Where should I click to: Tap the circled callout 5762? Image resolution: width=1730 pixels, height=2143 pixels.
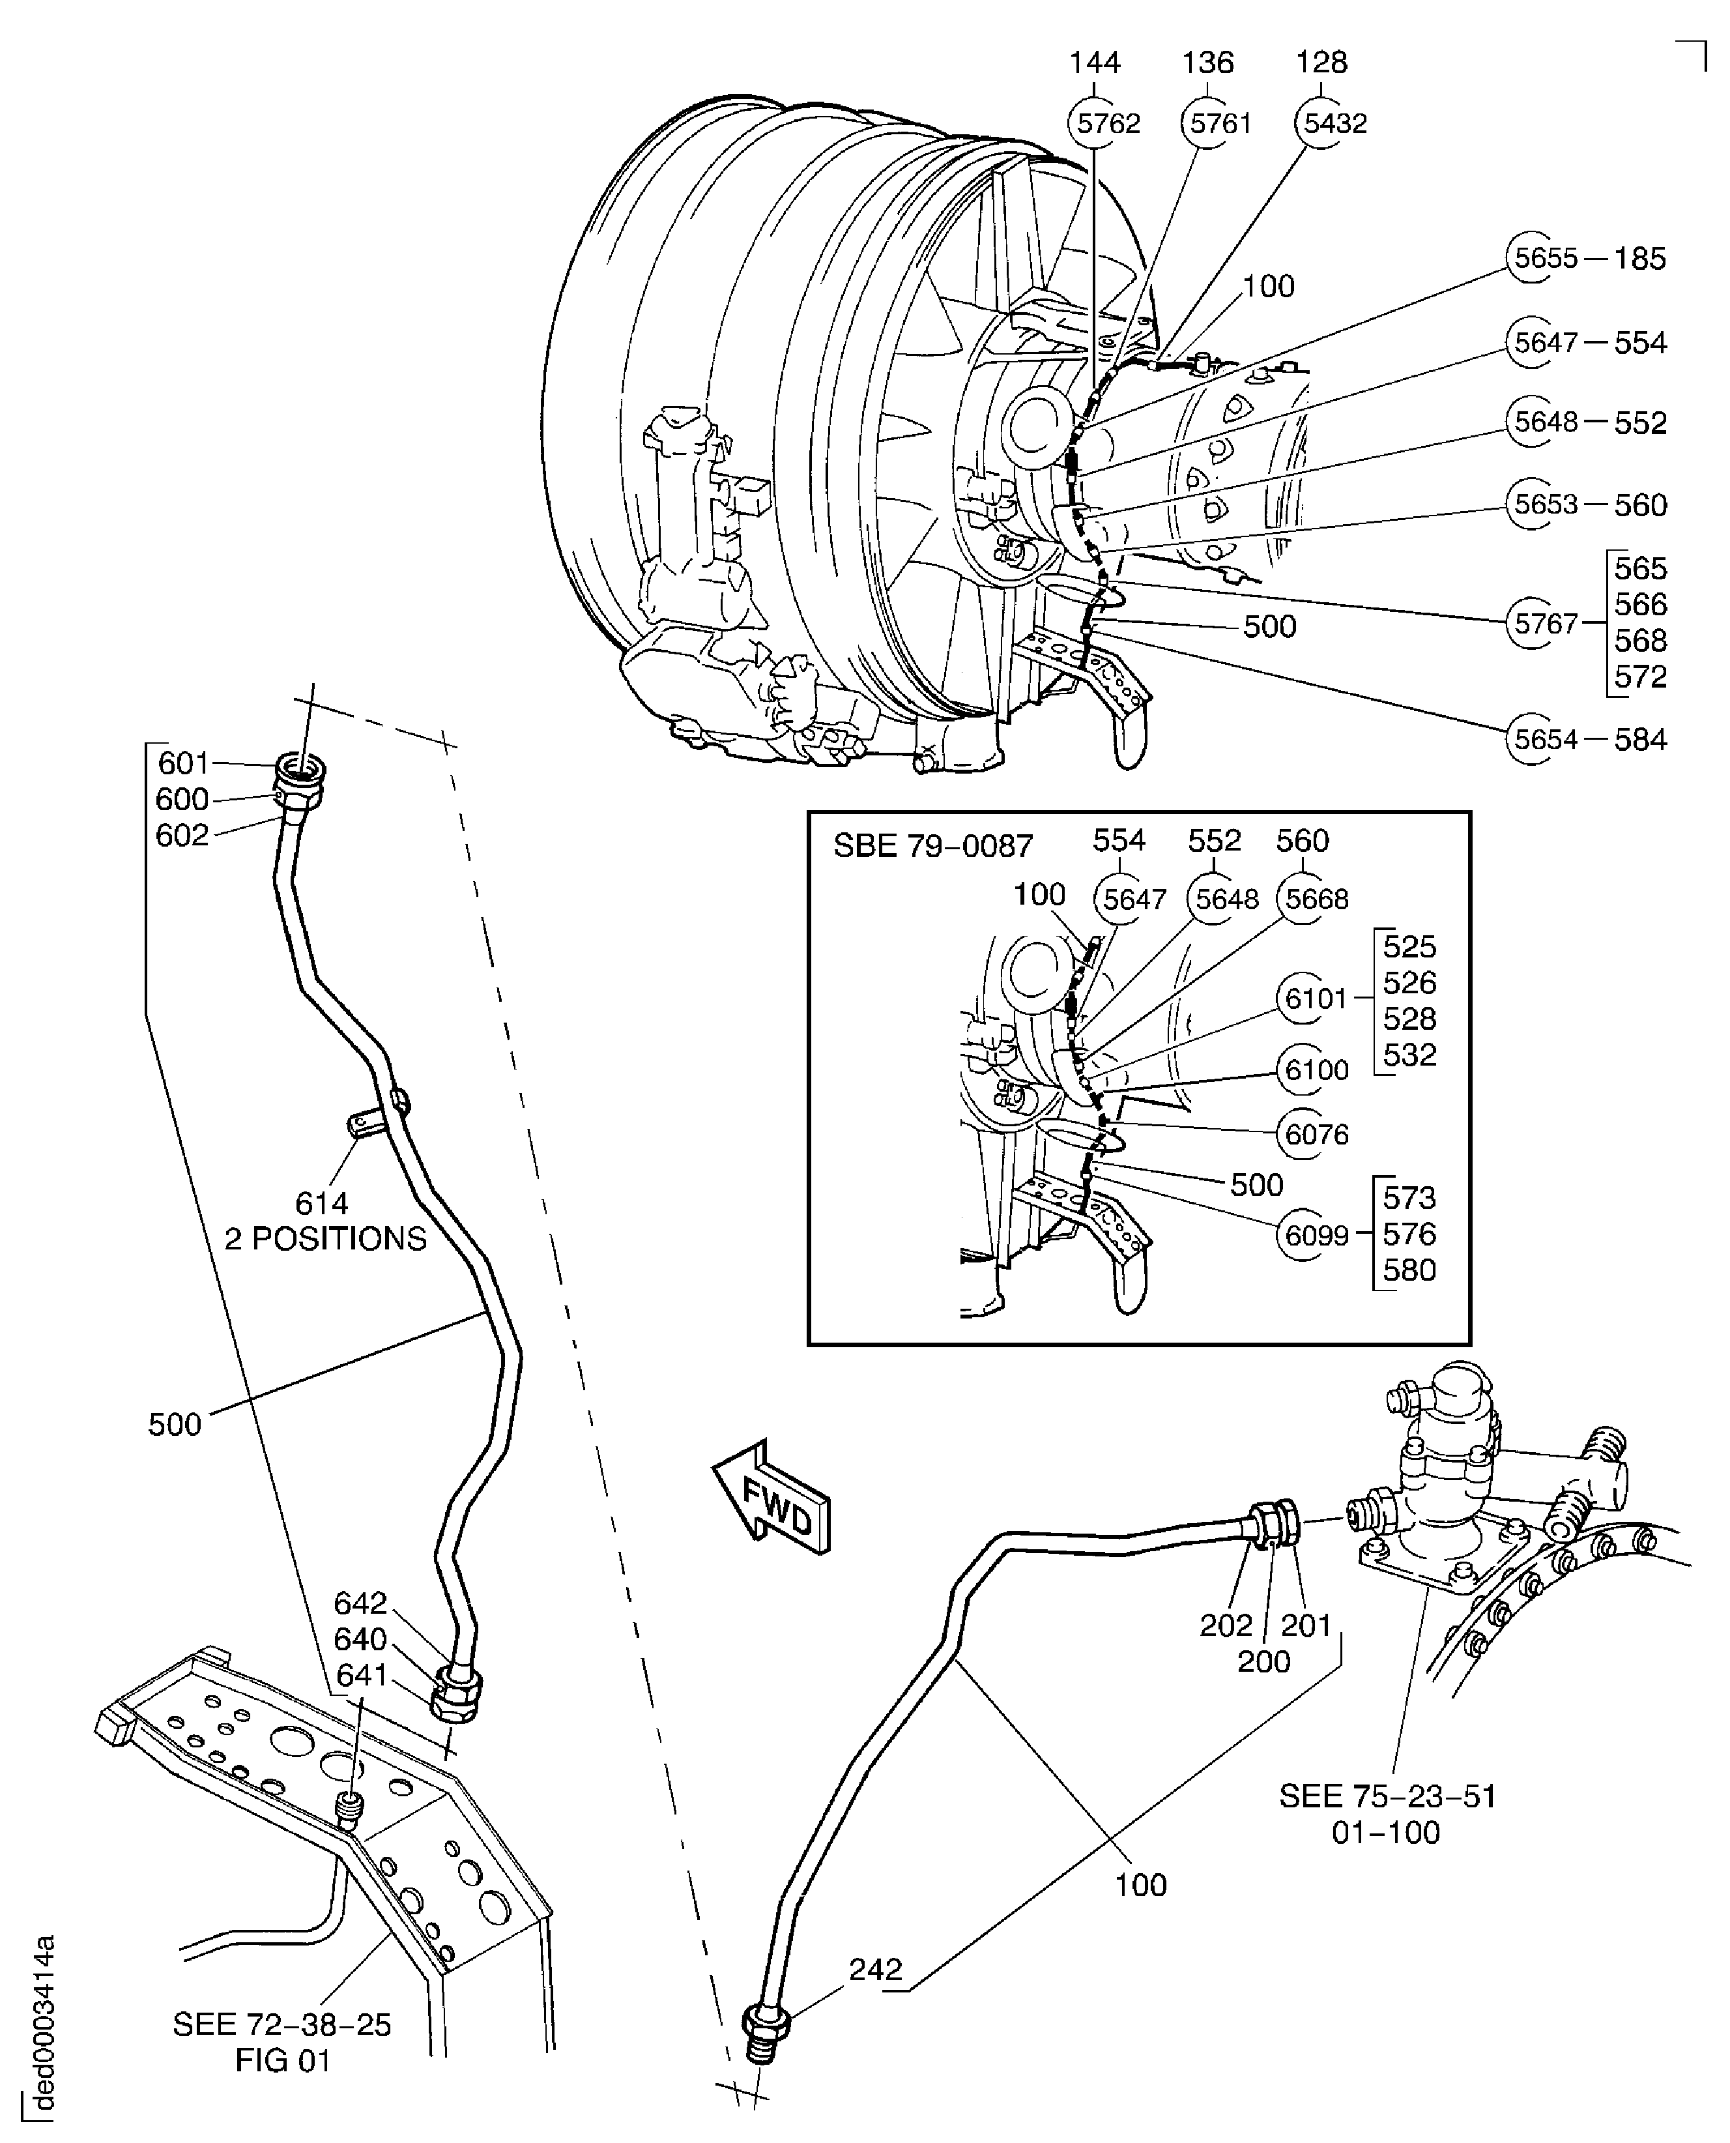(x=1108, y=124)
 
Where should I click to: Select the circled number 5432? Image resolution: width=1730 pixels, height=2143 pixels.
(x=1334, y=124)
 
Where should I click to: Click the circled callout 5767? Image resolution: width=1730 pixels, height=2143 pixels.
(x=1546, y=624)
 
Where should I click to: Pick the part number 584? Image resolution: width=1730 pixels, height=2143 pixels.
(x=1640, y=740)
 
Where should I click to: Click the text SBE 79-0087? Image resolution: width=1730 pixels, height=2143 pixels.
(x=932, y=846)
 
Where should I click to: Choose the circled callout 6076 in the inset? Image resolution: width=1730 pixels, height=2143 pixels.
(x=1316, y=1134)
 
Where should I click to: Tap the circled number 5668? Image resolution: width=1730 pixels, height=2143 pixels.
(x=1316, y=899)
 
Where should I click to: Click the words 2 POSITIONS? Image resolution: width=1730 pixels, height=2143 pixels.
(x=325, y=1239)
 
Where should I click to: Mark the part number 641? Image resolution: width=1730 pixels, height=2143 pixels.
(x=361, y=1676)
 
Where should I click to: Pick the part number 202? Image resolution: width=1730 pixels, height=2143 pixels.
(x=1225, y=1625)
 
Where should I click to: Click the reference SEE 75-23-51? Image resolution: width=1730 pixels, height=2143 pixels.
(x=1387, y=1796)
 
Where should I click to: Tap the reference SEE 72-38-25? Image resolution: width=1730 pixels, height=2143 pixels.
(x=282, y=2024)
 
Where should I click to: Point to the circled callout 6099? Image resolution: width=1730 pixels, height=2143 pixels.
(x=1316, y=1236)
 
